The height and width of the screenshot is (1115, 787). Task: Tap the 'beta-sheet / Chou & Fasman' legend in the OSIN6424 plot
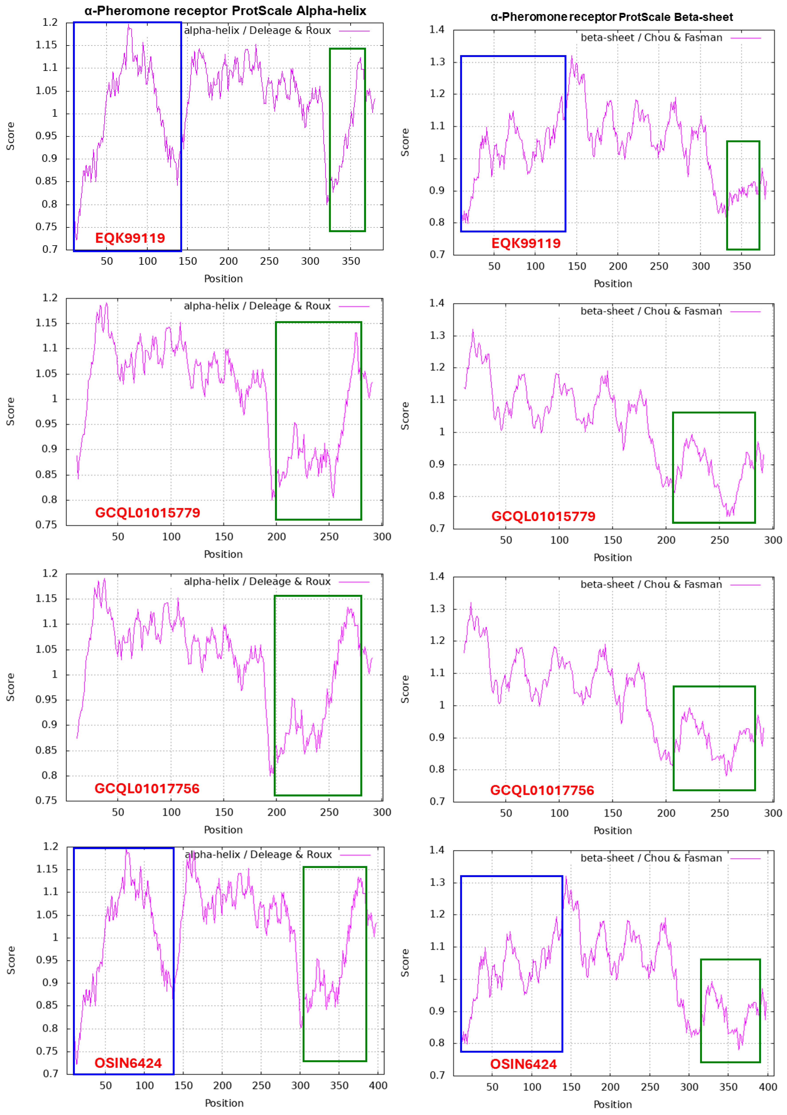coord(651,858)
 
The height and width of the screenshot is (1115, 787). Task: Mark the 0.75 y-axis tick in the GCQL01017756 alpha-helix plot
coord(46,800)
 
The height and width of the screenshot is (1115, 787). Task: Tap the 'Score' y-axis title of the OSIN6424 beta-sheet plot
coord(405,963)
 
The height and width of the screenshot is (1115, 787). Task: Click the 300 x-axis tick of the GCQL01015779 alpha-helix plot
coord(382,537)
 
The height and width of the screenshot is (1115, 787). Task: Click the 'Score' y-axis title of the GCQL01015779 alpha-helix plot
coord(10,411)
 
